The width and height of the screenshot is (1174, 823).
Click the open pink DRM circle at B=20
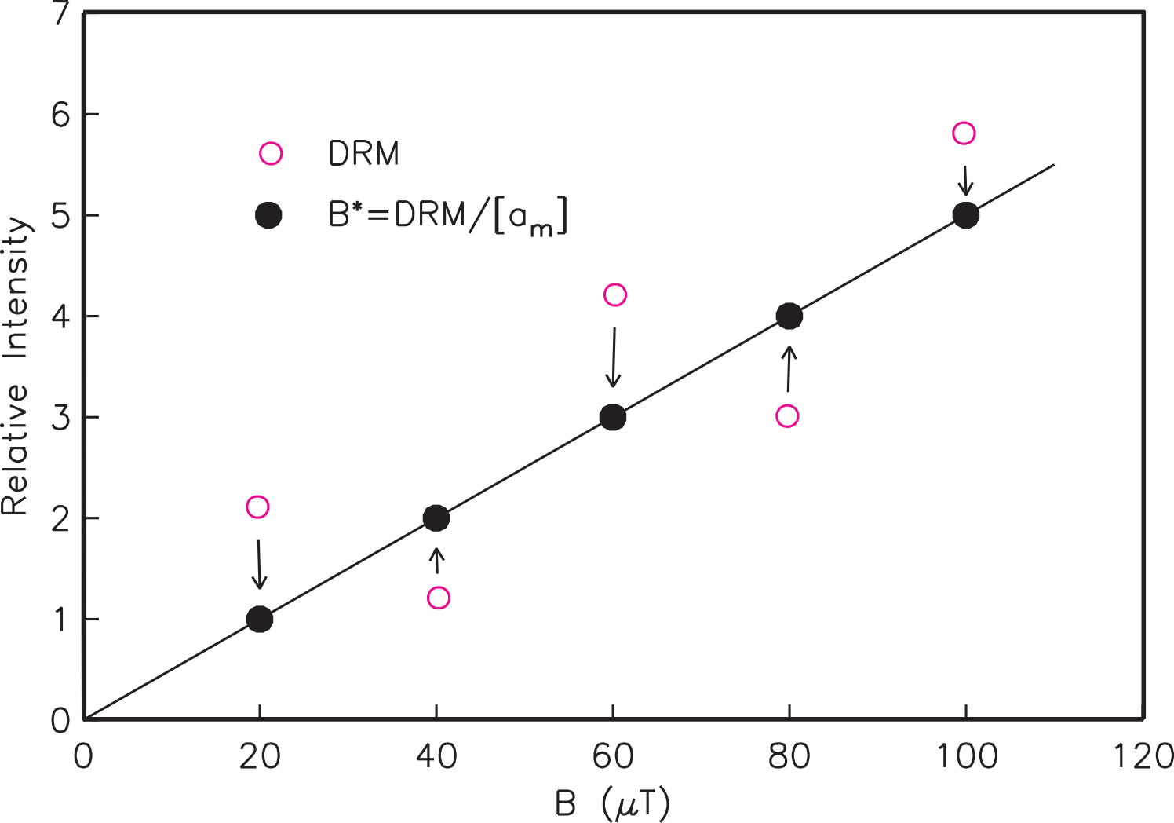point(257,507)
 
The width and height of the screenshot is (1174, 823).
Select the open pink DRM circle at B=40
point(439,598)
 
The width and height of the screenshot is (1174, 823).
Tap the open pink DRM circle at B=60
point(615,295)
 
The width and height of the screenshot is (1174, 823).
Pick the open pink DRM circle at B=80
point(787,416)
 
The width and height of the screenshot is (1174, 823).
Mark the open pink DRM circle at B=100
point(964,134)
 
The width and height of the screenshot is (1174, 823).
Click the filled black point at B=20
point(259,619)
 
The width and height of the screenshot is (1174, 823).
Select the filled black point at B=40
point(436,518)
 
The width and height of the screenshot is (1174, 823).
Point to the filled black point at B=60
point(613,417)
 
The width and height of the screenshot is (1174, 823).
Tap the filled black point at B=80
point(789,316)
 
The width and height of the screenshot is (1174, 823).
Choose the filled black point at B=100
point(965,215)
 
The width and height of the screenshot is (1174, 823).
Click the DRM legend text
point(363,154)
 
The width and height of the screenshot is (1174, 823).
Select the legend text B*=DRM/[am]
point(447,216)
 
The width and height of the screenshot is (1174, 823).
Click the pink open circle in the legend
point(271,154)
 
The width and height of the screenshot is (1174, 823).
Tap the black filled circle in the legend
point(269,216)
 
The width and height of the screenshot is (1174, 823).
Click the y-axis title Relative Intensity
point(16,366)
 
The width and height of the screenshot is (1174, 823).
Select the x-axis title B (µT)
point(613,803)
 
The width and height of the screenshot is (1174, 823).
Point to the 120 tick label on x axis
point(1143,756)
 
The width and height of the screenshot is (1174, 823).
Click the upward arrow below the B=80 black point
point(789,368)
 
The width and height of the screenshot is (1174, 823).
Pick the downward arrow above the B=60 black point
point(614,357)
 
